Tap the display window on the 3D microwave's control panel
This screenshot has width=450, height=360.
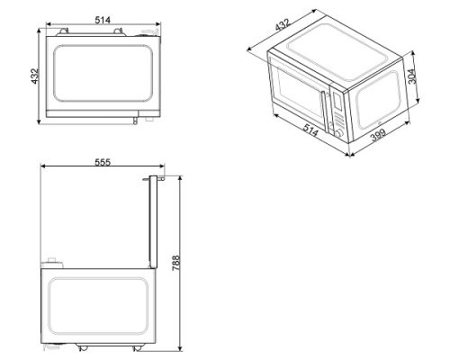coord(336,101)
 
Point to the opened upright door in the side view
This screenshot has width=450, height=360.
coord(154,225)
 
